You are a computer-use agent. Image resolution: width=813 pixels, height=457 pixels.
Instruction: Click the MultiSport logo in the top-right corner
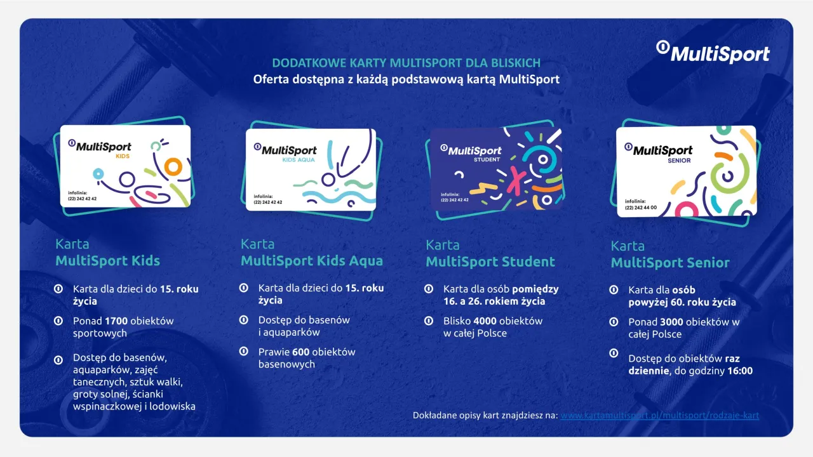pyautogui.click(x=713, y=52)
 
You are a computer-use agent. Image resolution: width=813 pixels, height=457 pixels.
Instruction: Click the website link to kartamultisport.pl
pyautogui.click(x=659, y=415)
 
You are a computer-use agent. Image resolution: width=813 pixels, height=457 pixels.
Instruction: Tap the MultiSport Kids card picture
pyautogui.click(x=125, y=166)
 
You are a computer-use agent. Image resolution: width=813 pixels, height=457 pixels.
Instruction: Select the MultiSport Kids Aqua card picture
pyautogui.click(x=311, y=169)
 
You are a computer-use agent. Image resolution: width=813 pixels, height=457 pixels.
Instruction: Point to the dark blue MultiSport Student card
pyautogui.click(x=496, y=169)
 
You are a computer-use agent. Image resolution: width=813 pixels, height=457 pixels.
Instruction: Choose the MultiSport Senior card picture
pyautogui.click(x=687, y=171)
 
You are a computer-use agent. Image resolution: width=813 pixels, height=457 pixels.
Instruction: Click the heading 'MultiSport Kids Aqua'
pyautogui.click(x=312, y=260)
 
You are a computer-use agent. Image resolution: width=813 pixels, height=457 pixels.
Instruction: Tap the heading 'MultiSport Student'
pyautogui.click(x=490, y=262)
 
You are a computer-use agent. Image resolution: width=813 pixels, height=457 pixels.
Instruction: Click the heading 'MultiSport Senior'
pyautogui.click(x=670, y=263)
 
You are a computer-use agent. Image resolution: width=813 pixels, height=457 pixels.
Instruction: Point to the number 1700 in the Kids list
pyautogui.click(x=116, y=321)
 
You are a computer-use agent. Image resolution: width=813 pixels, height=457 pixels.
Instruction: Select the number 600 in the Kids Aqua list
pyautogui.click(x=300, y=352)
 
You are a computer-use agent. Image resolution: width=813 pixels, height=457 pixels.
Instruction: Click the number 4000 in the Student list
pyautogui.click(x=485, y=321)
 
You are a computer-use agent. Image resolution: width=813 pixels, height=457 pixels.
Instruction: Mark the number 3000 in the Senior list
pyautogui.click(x=672, y=322)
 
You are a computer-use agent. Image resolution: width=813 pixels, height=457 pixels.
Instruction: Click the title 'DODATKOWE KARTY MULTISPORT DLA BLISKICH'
pyautogui.click(x=406, y=63)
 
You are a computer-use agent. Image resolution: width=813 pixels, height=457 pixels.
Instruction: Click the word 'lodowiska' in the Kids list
pyautogui.click(x=172, y=406)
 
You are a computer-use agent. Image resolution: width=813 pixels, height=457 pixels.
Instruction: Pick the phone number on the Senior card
pyautogui.click(x=641, y=208)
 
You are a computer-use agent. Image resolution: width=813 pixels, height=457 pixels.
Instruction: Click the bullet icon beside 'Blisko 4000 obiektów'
pyautogui.click(x=429, y=321)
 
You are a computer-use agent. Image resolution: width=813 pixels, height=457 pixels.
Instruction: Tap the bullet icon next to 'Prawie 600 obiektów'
pyautogui.click(x=243, y=352)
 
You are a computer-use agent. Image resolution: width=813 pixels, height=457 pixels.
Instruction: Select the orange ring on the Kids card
pyautogui.click(x=173, y=167)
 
